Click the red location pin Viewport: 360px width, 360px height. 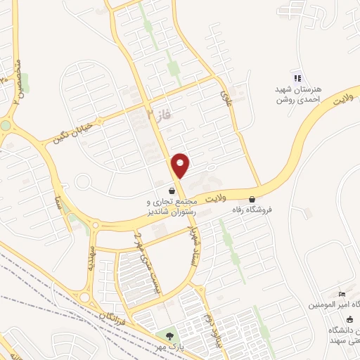pyautogui.click(x=181, y=165)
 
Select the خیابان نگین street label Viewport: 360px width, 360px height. pyautogui.click(x=73, y=131)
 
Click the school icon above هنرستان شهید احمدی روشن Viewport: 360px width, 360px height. pyautogui.click(x=297, y=77)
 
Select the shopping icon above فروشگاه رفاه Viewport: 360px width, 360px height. pyautogui.click(x=252, y=199)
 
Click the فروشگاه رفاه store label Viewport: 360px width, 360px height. pyautogui.click(x=252, y=210)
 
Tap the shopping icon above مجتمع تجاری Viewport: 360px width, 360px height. pyautogui.click(x=172, y=191)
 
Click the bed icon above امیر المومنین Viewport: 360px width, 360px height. pyautogui.click(x=342, y=294)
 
